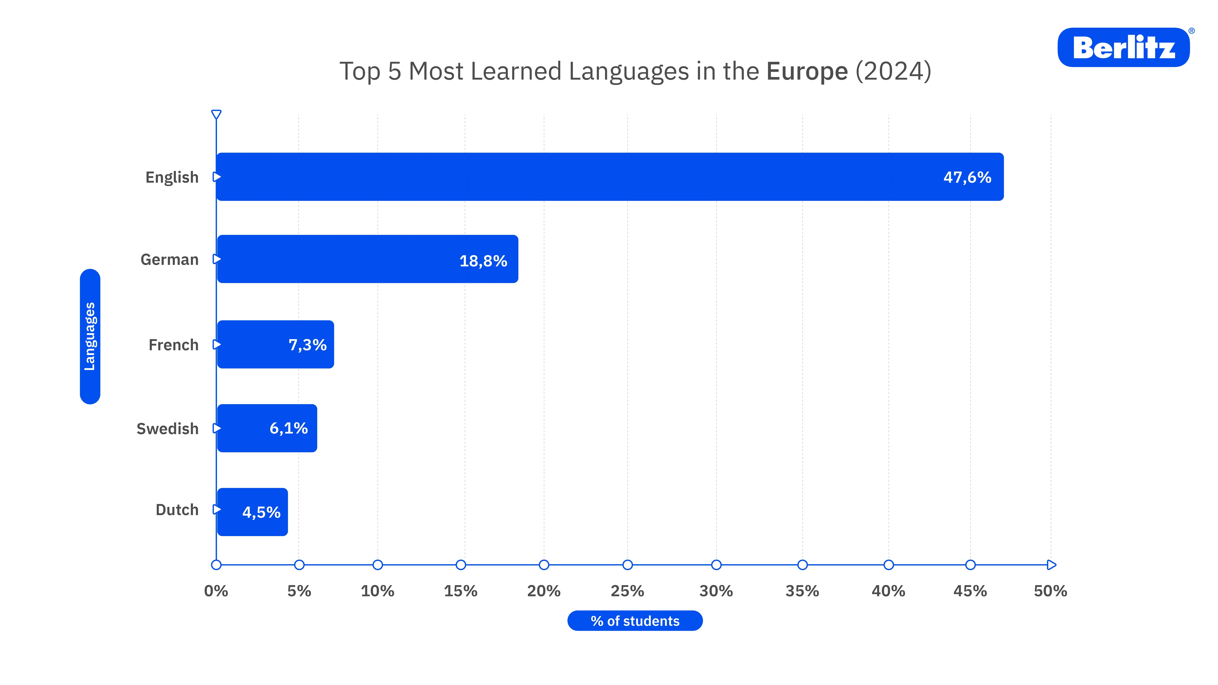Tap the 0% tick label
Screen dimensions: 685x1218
coord(216,591)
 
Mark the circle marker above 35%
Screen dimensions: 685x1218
coord(802,565)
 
